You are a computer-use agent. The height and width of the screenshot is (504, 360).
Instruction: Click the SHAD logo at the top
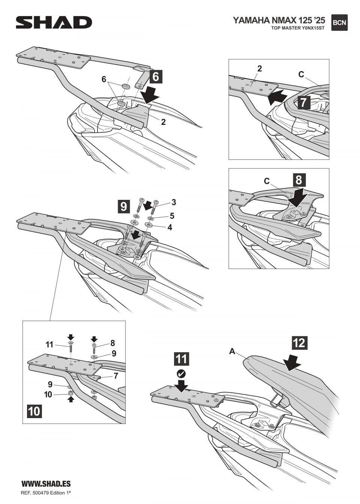[x=54, y=22]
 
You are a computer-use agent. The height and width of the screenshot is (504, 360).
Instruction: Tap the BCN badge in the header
[x=339, y=22]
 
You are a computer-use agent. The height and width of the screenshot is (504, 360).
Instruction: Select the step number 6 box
[x=156, y=76]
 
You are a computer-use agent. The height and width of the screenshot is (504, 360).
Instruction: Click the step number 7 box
[x=303, y=102]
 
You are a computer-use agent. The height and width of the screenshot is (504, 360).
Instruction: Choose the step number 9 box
[x=124, y=206]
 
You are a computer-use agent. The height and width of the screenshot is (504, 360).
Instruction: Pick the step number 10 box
[x=34, y=411]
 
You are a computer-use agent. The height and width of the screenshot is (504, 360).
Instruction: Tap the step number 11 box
[x=181, y=359]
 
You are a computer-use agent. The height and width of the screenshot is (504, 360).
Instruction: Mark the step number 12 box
[x=299, y=342]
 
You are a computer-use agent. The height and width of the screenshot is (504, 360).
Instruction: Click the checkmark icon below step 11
[x=181, y=374]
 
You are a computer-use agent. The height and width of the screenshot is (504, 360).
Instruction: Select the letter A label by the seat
[x=232, y=351]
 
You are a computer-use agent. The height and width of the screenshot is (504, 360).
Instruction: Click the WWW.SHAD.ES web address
[x=46, y=484]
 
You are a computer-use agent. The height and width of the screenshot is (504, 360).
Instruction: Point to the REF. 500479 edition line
[x=46, y=492]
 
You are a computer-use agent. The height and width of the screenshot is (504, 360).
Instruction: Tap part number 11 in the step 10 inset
[x=49, y=345]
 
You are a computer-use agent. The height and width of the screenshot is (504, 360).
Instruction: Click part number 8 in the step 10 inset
[x=112, y=343]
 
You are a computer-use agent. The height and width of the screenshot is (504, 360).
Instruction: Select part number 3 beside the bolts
[x=174, y=202]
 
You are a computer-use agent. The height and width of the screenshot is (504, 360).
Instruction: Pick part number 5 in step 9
[x=172, y=216]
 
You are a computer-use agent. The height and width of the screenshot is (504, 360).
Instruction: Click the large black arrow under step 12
[x=292, y=362]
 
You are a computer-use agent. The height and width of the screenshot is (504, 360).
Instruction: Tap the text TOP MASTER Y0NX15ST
[x=298, y=28]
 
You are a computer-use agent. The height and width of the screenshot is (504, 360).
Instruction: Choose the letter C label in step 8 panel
[x=267, y=181]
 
